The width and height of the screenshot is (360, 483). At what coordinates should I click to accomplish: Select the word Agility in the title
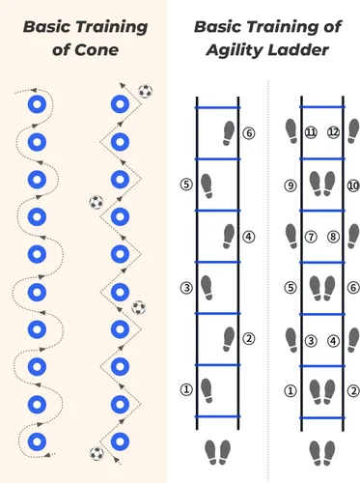(x=235, y=50)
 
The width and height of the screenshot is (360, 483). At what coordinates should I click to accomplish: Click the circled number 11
(x=311, y=132)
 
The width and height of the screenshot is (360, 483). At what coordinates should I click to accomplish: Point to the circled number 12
(x=333, y=132)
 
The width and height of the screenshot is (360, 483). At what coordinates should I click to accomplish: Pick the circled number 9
(x=291, y=185)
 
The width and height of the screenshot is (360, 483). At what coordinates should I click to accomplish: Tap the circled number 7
(x=311, y=237)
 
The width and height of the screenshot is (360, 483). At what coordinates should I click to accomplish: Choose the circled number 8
(x=333, y=237)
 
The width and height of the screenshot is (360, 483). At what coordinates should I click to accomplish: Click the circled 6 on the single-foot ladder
(x=249, y=133)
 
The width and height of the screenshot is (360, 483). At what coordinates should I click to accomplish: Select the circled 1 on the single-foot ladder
(x=186, y=389)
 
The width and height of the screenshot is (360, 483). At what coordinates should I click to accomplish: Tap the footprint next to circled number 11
(x=291, y=130)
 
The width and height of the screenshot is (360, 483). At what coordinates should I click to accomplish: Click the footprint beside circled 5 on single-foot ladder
(x=207, y=186)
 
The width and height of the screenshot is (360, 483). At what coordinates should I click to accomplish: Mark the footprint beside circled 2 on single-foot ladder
(x=229, y=339)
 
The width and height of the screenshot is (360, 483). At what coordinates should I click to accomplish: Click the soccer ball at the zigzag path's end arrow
(x=146, y=92)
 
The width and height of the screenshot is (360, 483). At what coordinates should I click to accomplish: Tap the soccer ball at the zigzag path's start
(x=97, y=453)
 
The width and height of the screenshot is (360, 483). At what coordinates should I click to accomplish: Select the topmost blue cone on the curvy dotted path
(x=37, y=104)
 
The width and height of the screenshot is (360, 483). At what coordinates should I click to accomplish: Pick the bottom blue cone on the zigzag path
(x=120, y=441)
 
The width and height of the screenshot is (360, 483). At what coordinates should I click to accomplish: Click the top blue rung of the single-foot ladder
(x=218, y=107)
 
